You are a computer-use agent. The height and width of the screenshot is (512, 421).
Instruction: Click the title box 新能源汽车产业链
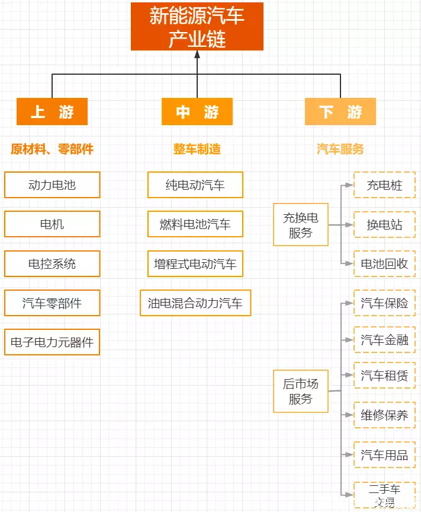(197, 26)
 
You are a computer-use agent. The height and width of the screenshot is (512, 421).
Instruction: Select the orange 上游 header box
(52, 112)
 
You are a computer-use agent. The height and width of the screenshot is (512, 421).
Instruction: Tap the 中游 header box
(197, 112)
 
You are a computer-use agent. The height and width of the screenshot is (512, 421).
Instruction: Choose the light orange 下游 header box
(340, 112)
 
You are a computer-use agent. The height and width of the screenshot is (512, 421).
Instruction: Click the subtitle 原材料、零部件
(52, 149)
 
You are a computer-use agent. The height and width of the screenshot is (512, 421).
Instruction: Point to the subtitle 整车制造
(197, 149)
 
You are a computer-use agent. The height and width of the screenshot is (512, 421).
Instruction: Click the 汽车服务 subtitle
(340, 149)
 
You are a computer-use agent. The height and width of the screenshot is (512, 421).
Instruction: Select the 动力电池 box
(52, 185)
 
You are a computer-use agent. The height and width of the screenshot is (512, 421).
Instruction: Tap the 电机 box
(52, 224)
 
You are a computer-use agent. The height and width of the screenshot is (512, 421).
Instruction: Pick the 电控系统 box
(52, 263)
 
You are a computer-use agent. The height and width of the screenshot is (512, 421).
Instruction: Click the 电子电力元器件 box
(52, 342)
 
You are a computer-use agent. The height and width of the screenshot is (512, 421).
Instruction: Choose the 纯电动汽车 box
(195, 185)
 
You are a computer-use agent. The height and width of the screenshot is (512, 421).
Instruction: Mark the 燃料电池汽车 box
(195, 224)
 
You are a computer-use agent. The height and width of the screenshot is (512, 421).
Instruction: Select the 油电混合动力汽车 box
(195, 303)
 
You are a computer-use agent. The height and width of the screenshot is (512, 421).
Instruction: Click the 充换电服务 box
(300, 225)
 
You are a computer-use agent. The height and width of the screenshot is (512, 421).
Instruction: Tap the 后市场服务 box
(300, 391)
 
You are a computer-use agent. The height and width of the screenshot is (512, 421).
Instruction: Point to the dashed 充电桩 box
(384, 185)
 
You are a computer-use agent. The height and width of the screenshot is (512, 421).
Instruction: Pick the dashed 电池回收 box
(384, 263)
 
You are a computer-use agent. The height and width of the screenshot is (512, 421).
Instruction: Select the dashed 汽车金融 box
(384, 340)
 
